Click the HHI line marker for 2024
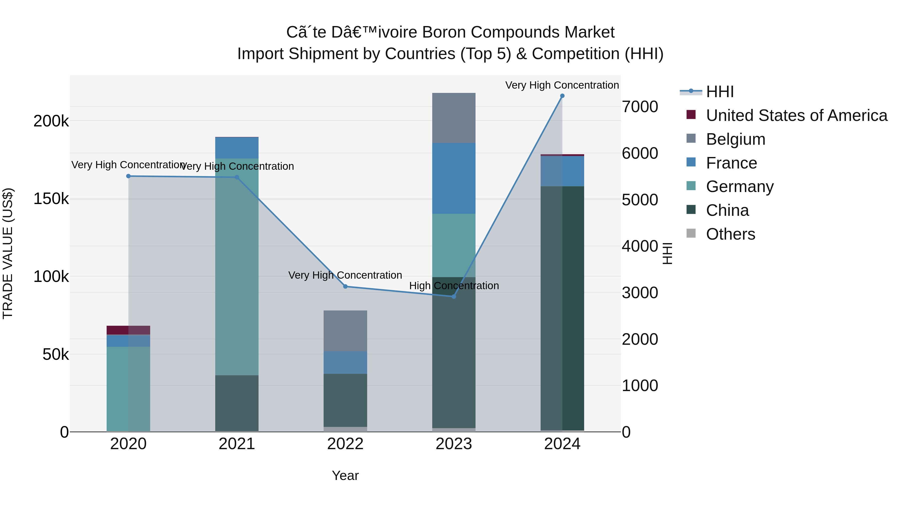click(x=562, y=96)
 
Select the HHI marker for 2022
click(x=345, y=287)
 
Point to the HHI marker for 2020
click(x=128, y=176)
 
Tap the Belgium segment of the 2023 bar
click(x=454, y=118)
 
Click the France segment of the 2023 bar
click(x=454, y=179)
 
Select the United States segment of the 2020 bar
click(x=128, y=330)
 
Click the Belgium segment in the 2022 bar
click(x=345, y=331)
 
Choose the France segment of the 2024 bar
click(x=562, y=171)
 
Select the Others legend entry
click(x=730, y=234)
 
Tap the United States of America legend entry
click(x=796, y=115)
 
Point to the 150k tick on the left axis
click(x=51, y=199)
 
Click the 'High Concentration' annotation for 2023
click(x=454, y=286)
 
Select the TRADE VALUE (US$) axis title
click(x=8, y=253)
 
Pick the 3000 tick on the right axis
click(x=640, y=293)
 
